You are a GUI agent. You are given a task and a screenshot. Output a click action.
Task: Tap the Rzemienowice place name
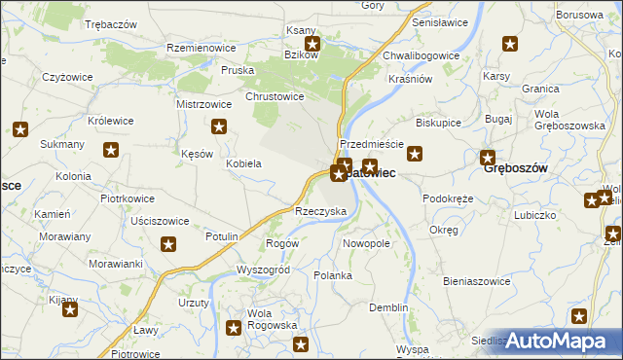pyautogui.click(x=203, y=47)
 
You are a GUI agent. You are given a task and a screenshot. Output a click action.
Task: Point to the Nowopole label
pyautogui.click(x=367, y=243)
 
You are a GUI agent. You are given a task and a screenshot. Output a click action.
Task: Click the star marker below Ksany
pyautogui.click(x=312, y=44)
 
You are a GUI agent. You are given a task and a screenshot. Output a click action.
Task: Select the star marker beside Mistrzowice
pyautogui.click(x=220, y=126)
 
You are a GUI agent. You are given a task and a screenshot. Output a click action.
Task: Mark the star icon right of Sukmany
pyautogui.click(x=112, y=150)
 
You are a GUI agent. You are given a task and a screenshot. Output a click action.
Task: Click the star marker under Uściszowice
pyautogui.click(x=168, y=244)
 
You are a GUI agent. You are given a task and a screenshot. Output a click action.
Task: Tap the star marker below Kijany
pyautogui.click(x=70, y=310)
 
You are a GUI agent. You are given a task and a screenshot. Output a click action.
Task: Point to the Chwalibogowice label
pyautogui.click(x=421, y=56)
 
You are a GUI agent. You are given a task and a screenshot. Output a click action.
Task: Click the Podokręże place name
pyautogui.click(x=448, y=198)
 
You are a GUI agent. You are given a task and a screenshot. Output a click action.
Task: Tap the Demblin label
pyautogui.click(x=388, y=307)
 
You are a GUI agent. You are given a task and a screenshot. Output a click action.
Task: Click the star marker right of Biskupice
pyautogui.click(x=416, y=153)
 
